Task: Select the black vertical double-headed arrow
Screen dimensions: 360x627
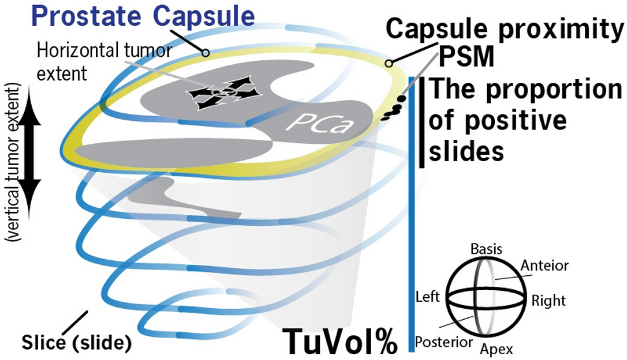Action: (x=28, y=146)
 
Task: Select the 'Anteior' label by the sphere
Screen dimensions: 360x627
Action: (x=545, y=265)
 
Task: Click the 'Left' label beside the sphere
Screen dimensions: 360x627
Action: (x=427, y=298)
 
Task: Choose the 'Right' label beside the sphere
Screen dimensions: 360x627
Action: (x=549, y=300)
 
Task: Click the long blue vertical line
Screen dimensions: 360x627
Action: (x=411, y=214)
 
